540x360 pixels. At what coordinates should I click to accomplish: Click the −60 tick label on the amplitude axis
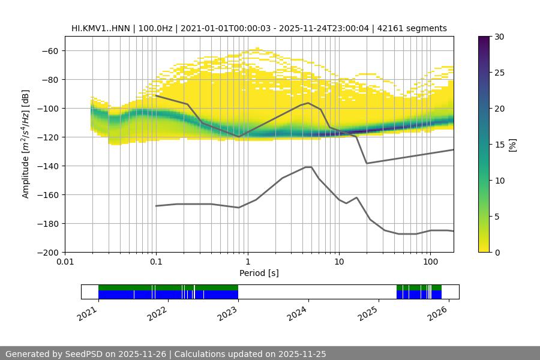(49, 51)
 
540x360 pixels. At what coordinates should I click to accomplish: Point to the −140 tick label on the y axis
(47, 166)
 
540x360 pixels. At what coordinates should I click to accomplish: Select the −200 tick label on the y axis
(47, 253)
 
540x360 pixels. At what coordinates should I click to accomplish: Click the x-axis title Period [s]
(259, 274)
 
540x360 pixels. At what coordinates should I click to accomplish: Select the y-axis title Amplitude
(26, 145)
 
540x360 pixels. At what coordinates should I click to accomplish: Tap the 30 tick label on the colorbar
(499, 37)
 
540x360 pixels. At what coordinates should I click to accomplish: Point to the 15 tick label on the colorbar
(499, 145)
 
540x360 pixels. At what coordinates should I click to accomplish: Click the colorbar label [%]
(512, 145)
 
